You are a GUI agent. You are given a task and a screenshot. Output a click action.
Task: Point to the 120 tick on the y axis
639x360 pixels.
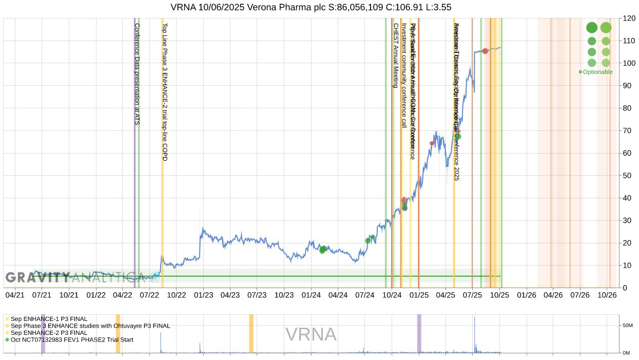point(629,18)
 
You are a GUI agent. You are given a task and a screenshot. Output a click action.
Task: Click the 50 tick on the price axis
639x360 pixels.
point(627,176)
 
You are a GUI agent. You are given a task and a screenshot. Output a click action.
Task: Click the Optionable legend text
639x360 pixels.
point(597,72)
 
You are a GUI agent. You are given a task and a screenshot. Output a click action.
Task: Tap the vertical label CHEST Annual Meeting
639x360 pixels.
point(396,55)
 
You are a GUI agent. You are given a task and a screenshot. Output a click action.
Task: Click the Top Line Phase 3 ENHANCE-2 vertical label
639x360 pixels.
point(165,92)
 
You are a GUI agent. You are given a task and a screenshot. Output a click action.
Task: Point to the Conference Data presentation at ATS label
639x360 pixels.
point(137,74)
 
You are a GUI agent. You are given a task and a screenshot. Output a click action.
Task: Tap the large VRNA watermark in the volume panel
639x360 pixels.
point(311,335)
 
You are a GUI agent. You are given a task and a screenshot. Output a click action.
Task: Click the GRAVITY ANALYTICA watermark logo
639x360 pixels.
point(74,278)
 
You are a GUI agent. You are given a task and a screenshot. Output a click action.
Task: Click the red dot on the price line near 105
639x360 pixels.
point(485,51)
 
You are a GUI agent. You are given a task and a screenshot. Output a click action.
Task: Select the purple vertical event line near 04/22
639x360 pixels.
point(135,154)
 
